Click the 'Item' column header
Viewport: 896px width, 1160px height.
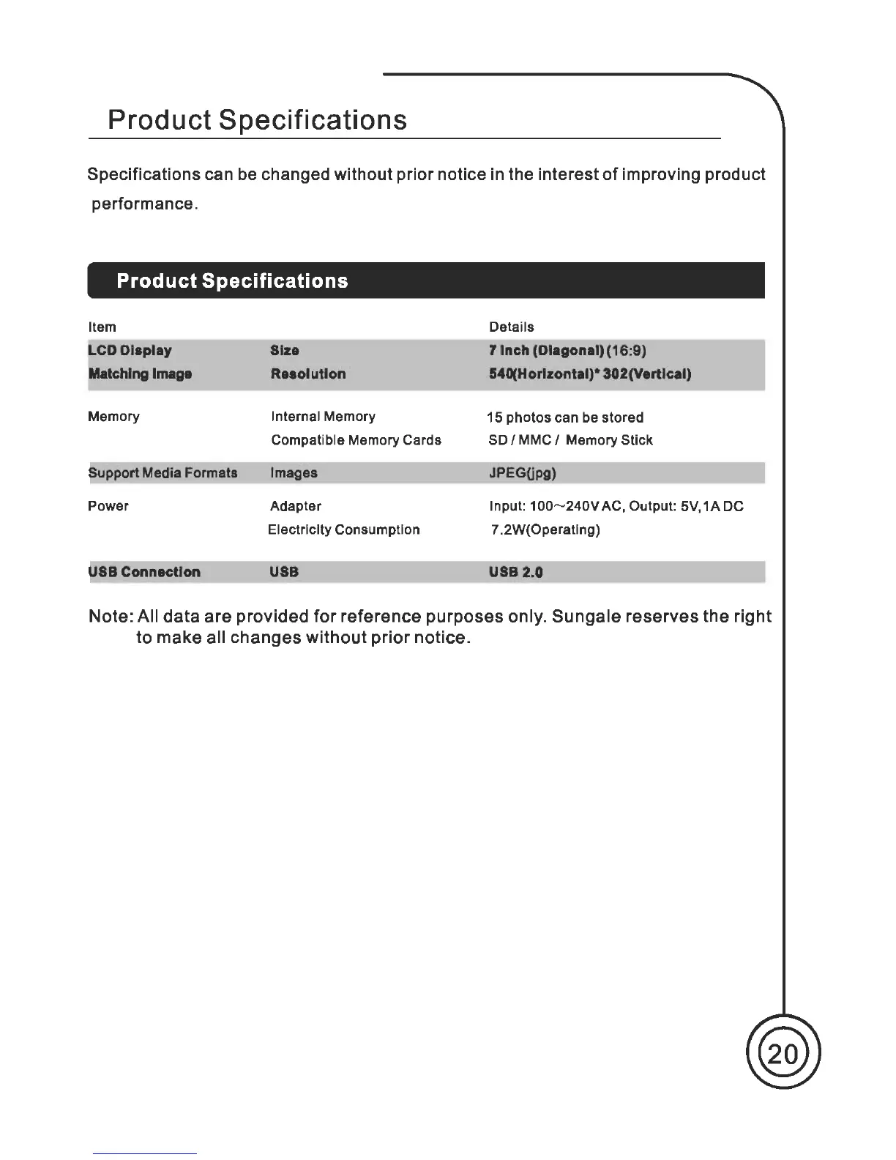[102, 327]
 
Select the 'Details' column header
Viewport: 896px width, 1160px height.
[511, 327]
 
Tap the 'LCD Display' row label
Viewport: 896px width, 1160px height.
[130, 350]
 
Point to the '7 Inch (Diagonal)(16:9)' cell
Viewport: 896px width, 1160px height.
[567, 350]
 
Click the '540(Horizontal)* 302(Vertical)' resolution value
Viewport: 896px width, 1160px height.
[589, 374]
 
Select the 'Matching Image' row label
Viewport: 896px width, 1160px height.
[140, 374]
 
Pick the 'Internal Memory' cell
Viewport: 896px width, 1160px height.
[323, 417]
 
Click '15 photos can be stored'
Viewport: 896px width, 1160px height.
[565, 417]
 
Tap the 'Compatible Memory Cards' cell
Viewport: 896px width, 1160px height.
[356, 440]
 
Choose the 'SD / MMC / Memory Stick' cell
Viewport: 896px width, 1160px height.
[570, 440]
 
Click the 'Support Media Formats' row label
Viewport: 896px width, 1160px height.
[163, 473]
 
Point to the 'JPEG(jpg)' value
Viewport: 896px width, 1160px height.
[522, 473]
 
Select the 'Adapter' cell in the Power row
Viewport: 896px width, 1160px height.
[296, 506]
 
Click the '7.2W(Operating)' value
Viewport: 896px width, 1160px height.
[545, 529]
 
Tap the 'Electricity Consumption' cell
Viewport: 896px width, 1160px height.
[344, 529]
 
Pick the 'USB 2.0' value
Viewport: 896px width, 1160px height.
[515, 572]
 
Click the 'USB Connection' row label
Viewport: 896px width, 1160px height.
[144, 572]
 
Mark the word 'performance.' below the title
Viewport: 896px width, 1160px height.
[144, 204]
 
